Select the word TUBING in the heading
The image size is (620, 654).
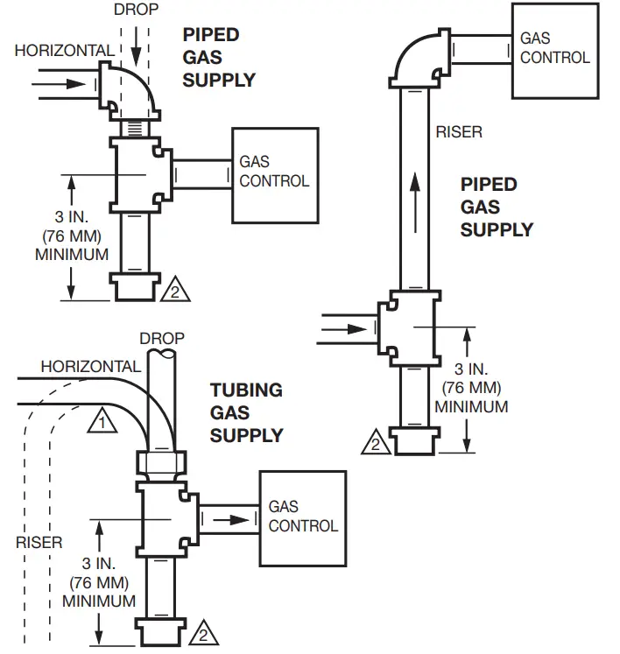tap(245, 390)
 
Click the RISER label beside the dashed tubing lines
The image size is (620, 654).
tap(39, 542)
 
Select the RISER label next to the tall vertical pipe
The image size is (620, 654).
tap(459, 132)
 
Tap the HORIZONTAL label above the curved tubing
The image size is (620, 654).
tap(89, 366)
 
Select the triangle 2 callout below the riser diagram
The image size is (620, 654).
tap(374, 442)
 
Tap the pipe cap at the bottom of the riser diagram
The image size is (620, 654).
tap(417, 440)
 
